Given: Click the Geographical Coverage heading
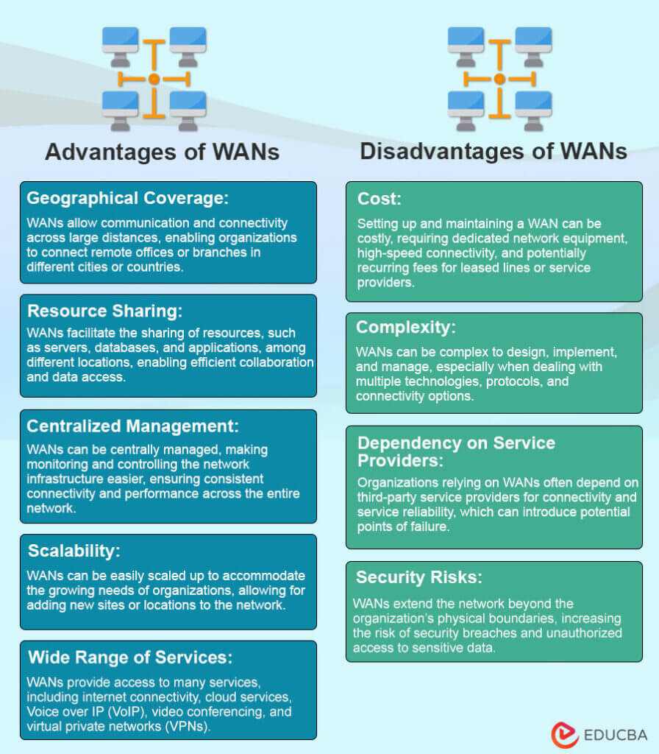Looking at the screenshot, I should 128,198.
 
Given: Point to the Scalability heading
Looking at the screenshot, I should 74,551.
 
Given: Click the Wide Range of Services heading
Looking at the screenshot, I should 129,657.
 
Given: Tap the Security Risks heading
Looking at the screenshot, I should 420,577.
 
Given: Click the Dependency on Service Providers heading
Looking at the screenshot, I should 456,451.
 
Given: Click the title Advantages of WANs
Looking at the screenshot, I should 162,152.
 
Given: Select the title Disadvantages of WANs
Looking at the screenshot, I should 494,152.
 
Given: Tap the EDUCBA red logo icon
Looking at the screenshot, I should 565,735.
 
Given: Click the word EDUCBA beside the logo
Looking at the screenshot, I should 616,736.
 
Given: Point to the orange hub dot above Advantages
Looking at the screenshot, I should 154,79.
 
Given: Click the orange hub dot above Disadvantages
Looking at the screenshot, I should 499,79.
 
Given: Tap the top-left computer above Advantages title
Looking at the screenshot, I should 120,42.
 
